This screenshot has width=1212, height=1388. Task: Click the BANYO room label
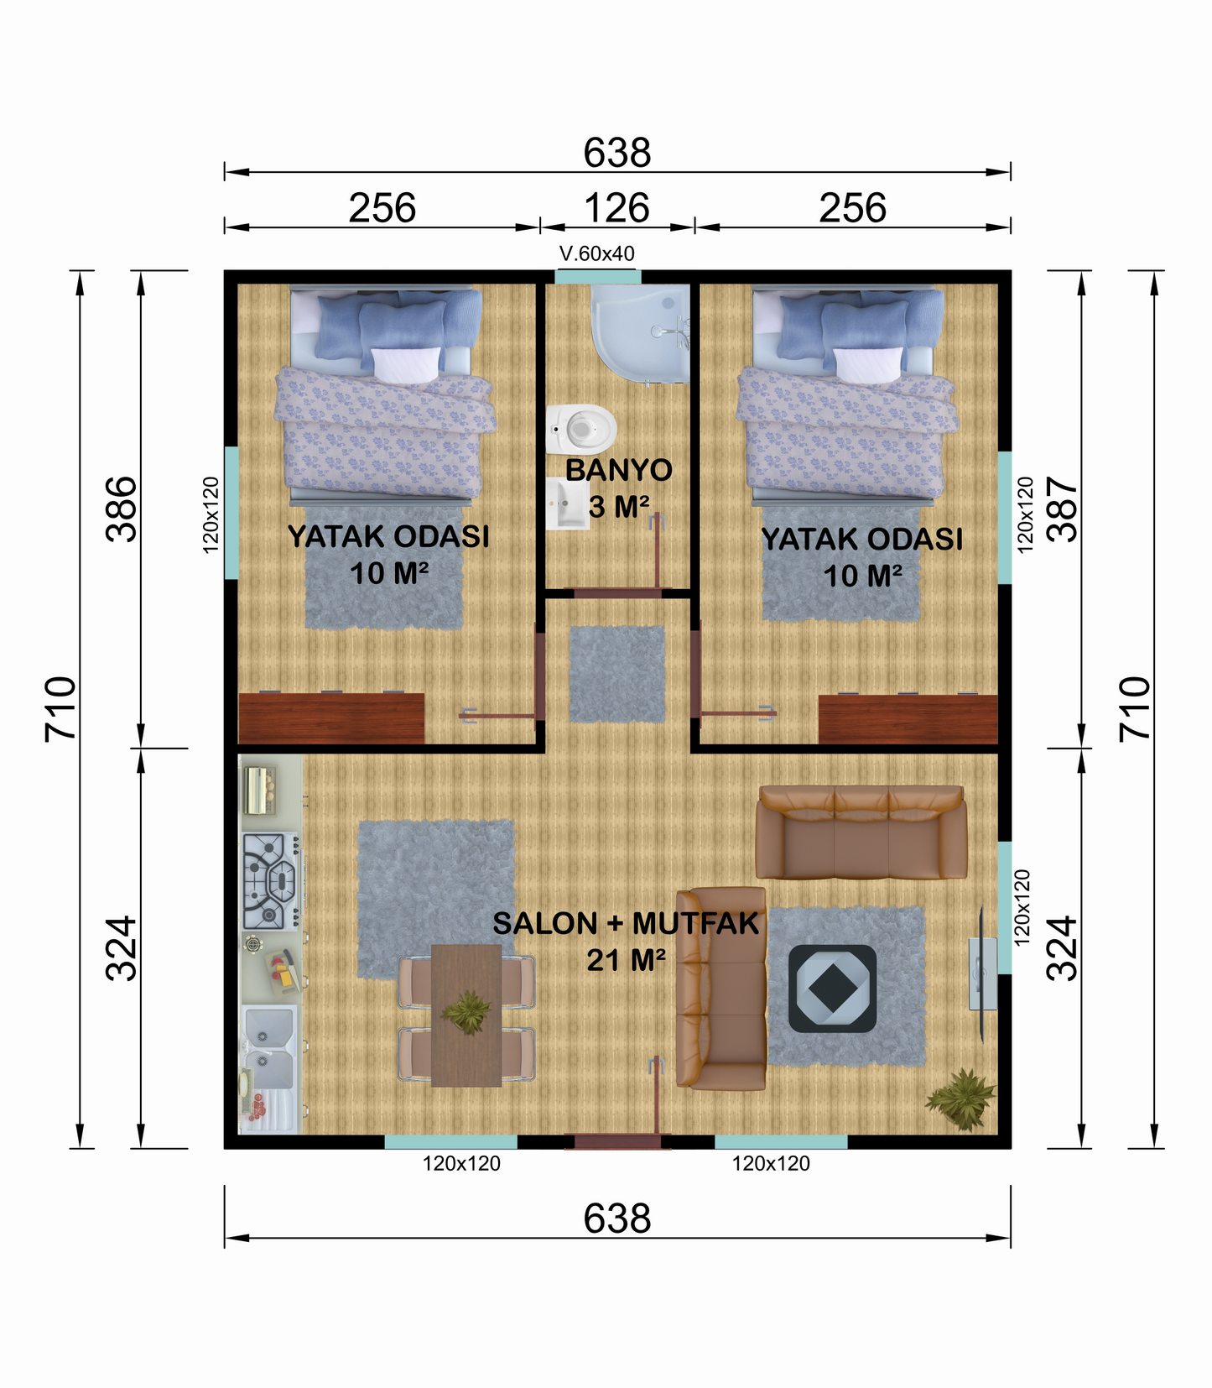619,470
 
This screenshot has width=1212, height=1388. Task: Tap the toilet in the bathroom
581,429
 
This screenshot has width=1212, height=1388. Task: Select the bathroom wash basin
567,504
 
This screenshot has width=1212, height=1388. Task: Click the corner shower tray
640,334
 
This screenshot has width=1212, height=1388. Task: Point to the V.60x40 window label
596,253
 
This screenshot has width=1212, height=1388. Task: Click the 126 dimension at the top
616,208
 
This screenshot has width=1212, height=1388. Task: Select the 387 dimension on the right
1064,509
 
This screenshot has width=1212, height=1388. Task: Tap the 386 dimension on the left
121,509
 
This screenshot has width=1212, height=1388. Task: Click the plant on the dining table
466,1012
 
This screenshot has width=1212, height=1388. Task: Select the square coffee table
832,989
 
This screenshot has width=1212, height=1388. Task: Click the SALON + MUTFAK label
626,923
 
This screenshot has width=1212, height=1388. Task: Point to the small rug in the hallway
617,674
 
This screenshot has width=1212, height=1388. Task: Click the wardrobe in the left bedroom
331,717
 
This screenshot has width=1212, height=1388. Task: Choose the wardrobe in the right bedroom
908,719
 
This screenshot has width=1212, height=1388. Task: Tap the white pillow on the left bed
406,365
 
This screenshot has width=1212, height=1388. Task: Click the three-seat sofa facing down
861,832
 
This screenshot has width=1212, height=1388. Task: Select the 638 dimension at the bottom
617,1218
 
